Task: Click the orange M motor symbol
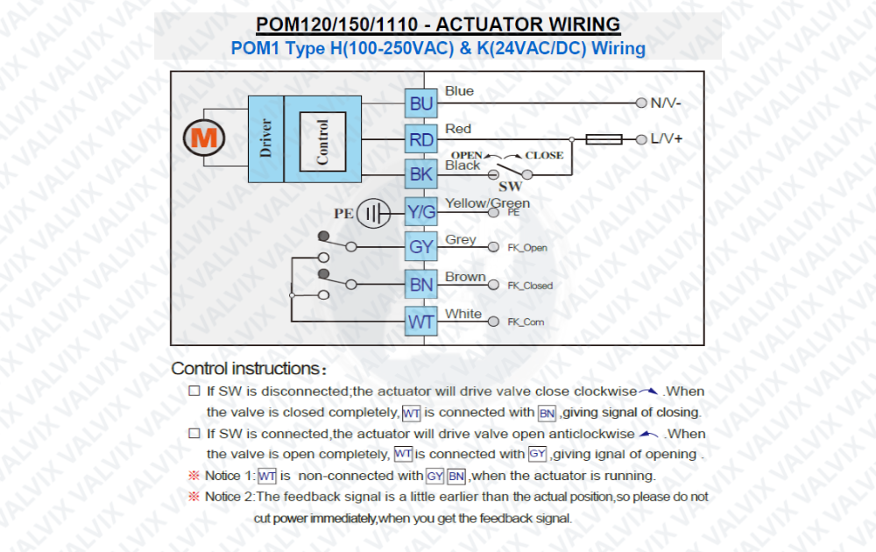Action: pos(204,138)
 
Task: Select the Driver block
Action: pos(266,139)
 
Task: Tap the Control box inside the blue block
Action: pos(322,141)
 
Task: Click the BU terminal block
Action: pos(421,103)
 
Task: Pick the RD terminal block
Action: pos(421,139)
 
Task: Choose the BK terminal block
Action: pos(421,174)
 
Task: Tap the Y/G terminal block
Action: pos(421,212)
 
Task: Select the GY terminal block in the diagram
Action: pos(421,246)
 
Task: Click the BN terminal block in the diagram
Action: pos(421,285)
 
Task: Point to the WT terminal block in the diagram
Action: pos(421,322)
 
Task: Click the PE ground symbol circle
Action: pos(373,213)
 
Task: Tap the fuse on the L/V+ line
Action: pos(604,139)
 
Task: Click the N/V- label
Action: pos(666,103)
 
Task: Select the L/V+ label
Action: pos(667,138)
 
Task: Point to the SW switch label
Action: pos(510,186)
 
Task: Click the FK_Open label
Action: pos(526,247)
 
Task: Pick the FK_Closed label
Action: pos(530,286)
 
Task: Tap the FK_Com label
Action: pos(525,322)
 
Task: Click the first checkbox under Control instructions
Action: pos(194,391)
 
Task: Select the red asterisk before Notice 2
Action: pos(194,496)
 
